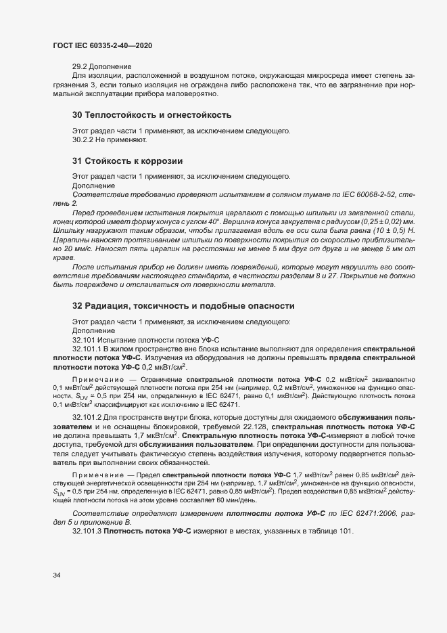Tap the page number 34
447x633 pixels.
(x=57, y=575)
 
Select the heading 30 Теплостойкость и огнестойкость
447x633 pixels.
(x=151, y=115)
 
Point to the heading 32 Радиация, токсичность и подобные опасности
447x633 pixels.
(x=183, y=306)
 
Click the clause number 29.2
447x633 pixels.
(x=80, y=66)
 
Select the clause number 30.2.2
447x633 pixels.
(x=83, y=140)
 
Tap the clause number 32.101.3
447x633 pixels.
(x=88, y=531)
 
